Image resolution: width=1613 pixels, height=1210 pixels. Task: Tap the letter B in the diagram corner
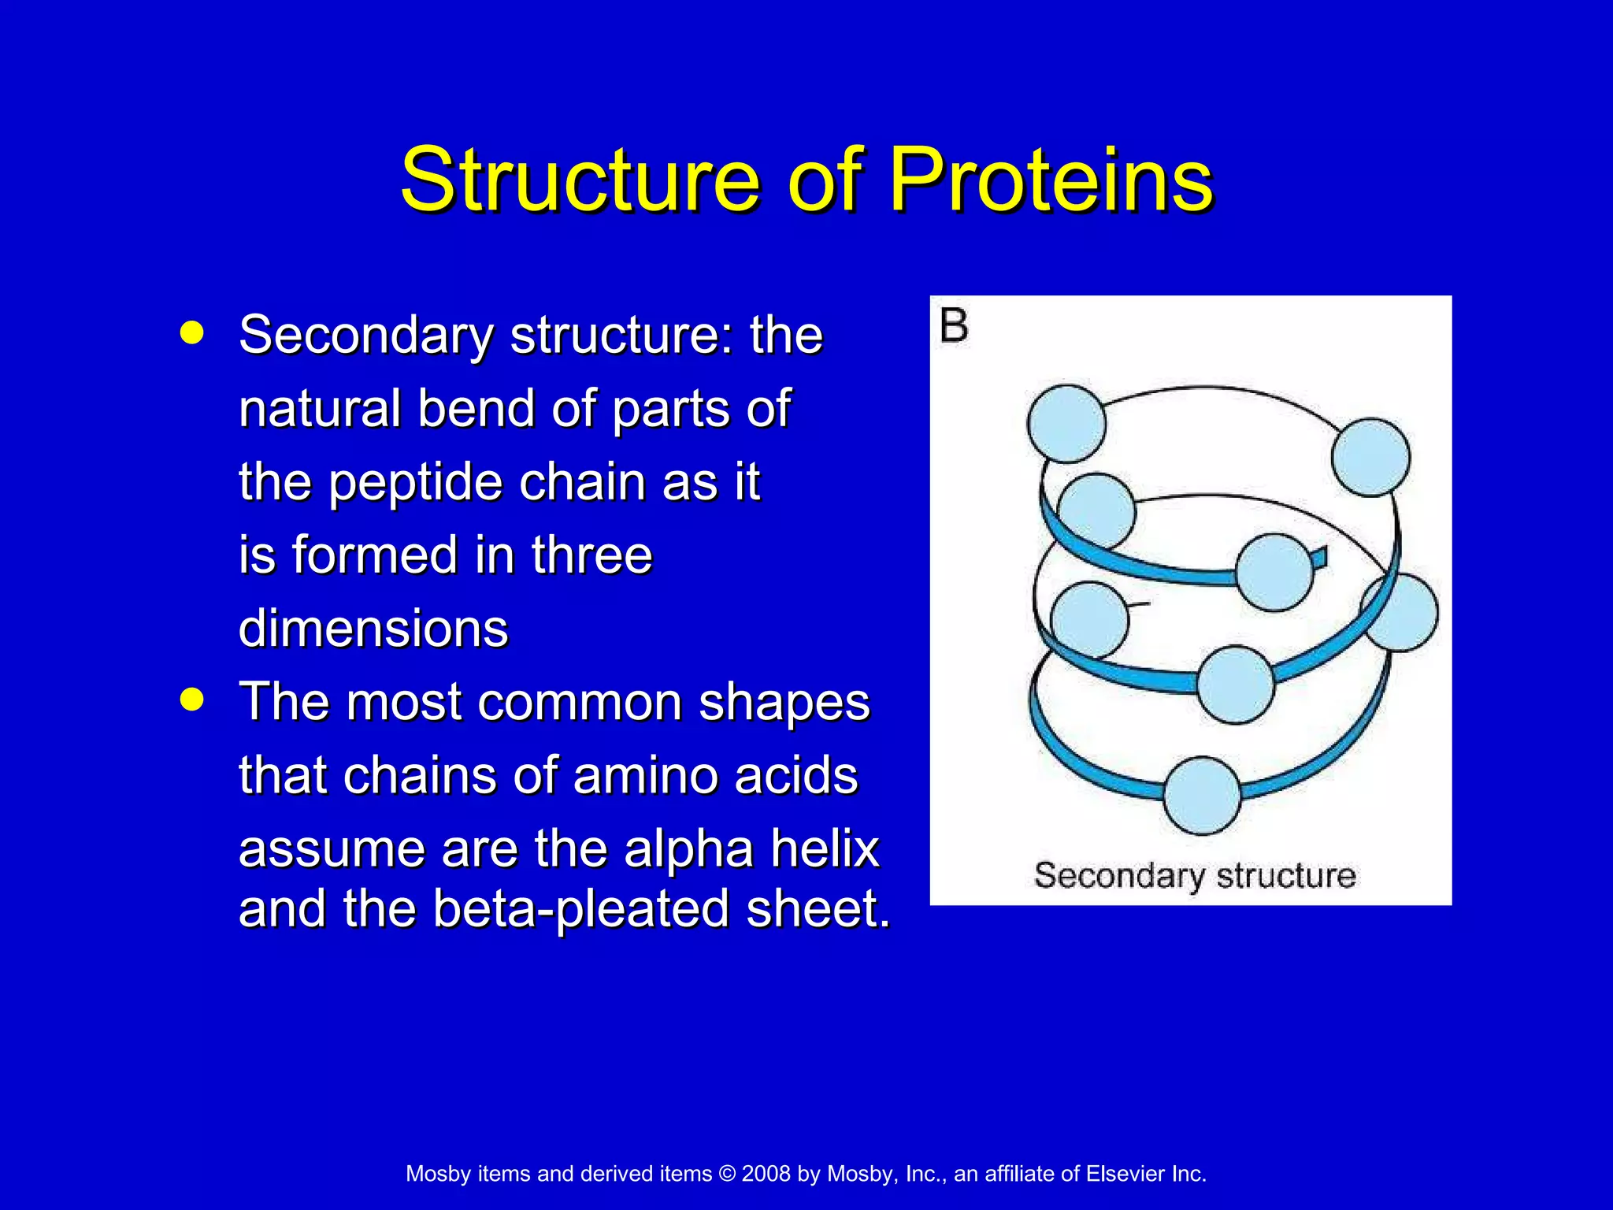click(x=954, y=326)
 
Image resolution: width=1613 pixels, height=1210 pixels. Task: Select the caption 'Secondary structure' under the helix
click(x=1194, y=876)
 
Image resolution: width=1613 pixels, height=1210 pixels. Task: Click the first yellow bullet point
click(x=191, y=333)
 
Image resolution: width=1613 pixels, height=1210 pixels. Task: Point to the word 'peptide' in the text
click(x=415, y=482)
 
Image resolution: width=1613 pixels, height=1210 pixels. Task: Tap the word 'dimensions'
click(x=373, y=629)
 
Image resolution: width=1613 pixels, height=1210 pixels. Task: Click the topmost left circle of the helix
click(x=1066, y=424)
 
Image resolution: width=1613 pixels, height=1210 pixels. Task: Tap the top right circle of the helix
click(x=1370, y=458)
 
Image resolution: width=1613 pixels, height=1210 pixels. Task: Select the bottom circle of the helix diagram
click(x=1202, y=796)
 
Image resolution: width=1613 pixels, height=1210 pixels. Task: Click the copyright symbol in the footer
click(x=727, y=1174)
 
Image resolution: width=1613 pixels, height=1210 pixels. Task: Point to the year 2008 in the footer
click(x=766, y=1174)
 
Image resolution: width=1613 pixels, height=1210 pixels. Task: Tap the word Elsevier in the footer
click(x=1125, y=1174)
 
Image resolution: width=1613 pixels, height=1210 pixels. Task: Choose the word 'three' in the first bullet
click(x=591, y=555)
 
